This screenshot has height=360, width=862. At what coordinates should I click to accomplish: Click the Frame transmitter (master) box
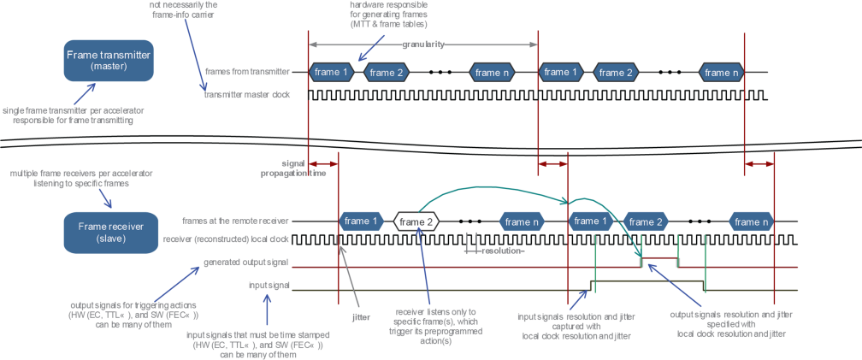pos(108,60)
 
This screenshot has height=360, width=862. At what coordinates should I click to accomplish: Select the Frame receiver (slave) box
pos(108,232)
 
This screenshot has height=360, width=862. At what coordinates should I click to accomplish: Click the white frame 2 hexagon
pos(416,221)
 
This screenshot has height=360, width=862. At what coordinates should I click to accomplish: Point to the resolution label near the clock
pos(502,251)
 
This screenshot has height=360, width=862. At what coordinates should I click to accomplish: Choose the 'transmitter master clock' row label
pos(246,95)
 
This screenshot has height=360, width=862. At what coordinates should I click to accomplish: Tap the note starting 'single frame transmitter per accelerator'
pos(68,115)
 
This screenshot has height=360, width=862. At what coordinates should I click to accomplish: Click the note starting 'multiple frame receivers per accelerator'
pos(70,178)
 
